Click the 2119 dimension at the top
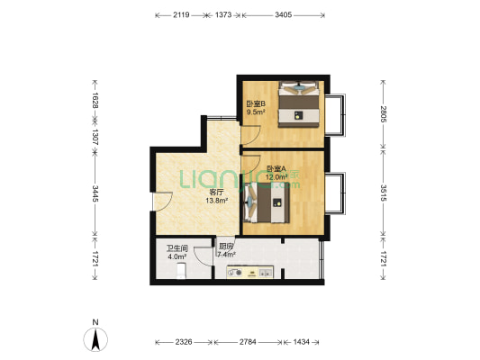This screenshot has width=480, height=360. [181, 14]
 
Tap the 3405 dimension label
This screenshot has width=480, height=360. [283, 14]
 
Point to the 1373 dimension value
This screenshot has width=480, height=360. [223, 14]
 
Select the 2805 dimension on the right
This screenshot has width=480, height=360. [384, 113]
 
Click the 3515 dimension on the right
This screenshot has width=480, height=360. [384, 193]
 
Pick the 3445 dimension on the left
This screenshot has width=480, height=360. [95, 193]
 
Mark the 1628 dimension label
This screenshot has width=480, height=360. [95, 100]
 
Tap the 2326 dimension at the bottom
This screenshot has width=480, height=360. [184, 342]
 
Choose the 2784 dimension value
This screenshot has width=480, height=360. [248, 342]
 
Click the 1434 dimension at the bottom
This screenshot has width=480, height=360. [301, 342]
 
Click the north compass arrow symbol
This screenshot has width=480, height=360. [95, 339]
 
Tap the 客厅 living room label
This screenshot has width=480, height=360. [216, 193]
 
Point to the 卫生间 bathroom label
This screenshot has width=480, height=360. [177, 248]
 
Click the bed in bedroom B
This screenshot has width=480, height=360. [299, 104]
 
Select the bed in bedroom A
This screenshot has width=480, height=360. [266, 202]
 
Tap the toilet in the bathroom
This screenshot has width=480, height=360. [181, 271]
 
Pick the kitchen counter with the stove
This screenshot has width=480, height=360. [250, 272]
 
